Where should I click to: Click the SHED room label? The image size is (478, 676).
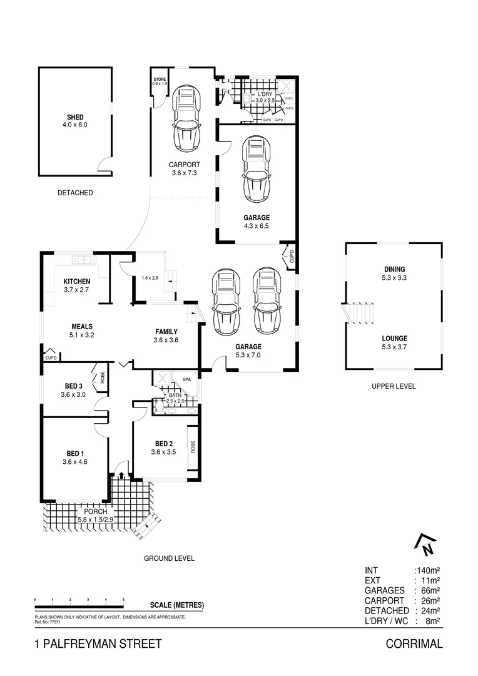(x=75, y=117)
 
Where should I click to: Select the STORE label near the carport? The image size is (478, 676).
(x=160, y=79)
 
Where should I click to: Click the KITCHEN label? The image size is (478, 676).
(x=77, y=282)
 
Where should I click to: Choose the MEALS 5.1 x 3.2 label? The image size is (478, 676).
(x=82, y=326)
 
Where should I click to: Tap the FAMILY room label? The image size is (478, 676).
(x=166, y=332)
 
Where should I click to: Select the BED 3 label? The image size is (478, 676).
(x=73, y=386)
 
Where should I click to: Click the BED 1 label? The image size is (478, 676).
(x=73, y=453)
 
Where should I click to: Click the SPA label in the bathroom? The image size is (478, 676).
(x=186, y=379)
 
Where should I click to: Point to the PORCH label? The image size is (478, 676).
(x=91, y=511)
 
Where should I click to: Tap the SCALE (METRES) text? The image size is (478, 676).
(x=177, y=605)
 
